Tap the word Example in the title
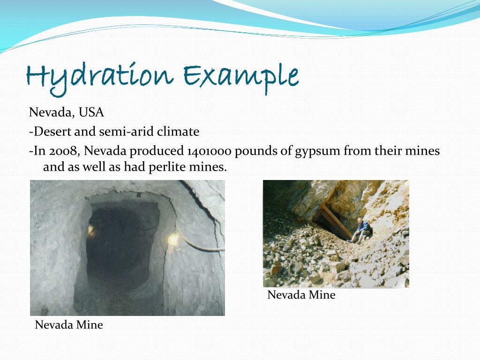tap(240, 76)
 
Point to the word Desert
tap(52, 132)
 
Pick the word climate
tap(178, 132)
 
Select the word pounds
tap(256, 151)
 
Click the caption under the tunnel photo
tap(69, 324)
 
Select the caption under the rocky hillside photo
tap(301, 295)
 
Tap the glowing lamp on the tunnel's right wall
tap(173, 240)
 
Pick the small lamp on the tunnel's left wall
tap(90, 229)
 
